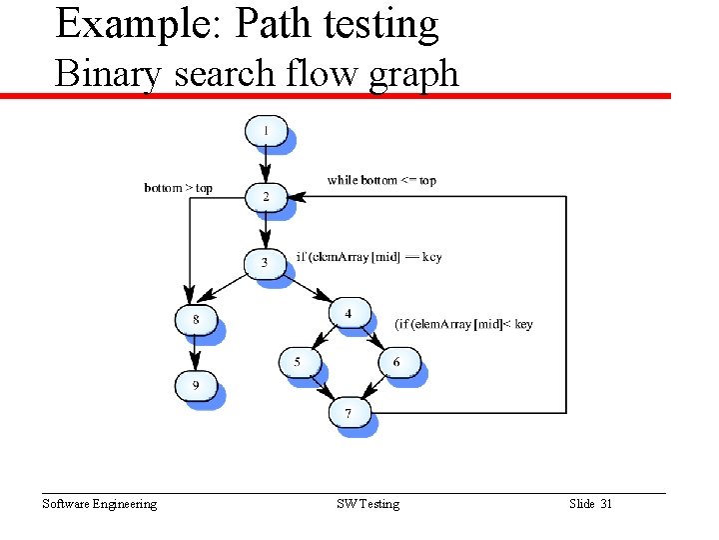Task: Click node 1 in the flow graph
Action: [266, 131]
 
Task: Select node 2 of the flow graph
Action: [266, 197]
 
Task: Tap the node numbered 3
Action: [265, 263]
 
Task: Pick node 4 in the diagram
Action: [349, 313]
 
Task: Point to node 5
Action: [299, 361]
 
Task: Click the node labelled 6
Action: [397, 361]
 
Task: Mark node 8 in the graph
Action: [196, 320]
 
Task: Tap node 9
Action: [196, 385]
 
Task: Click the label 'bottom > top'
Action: [179, 188]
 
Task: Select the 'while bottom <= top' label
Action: [381, 181]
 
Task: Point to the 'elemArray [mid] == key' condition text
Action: [368, 257]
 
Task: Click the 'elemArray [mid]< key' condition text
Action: [464, 324]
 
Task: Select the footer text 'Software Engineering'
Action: [99, 504]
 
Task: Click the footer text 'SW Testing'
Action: [367, 504]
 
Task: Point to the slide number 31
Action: [605, 504]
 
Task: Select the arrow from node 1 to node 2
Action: [266, 164]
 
